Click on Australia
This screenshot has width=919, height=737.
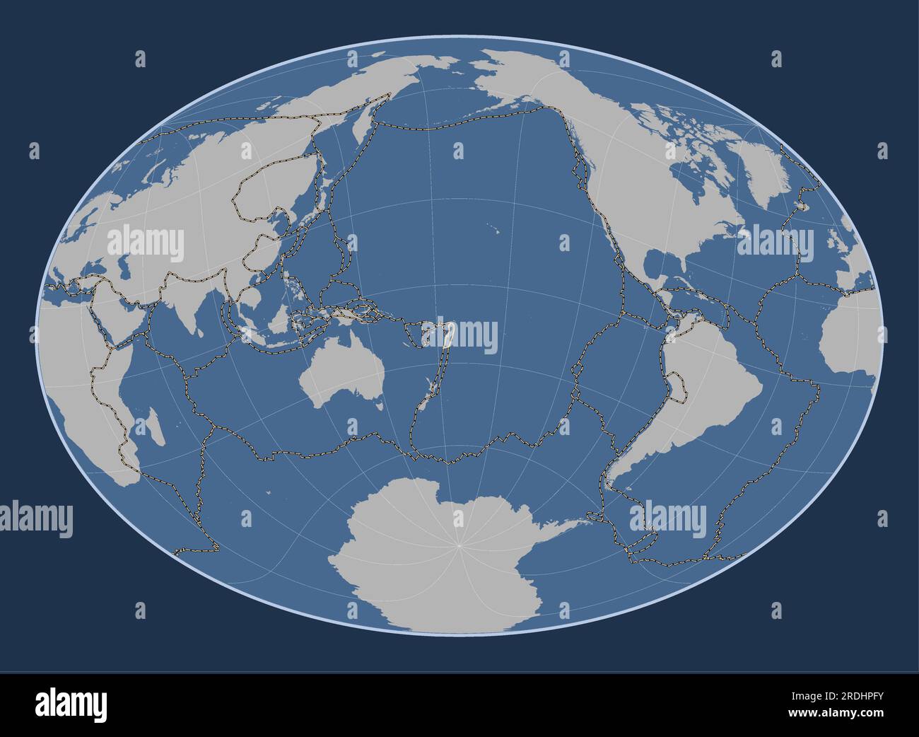(x=339, y=375)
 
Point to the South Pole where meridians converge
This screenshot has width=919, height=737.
(x=459, y=545)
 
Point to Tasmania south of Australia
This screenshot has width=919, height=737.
(x=380, y=406)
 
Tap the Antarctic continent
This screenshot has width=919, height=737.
(x=438, y=559)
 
